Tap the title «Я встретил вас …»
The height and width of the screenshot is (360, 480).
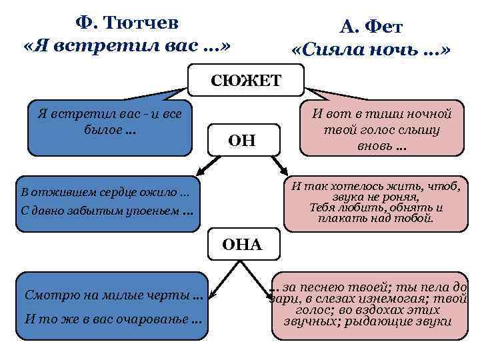127,48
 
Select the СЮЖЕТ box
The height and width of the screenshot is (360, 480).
246,81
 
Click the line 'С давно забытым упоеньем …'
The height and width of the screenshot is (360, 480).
107,212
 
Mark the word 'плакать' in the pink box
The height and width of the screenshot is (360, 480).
340,218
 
